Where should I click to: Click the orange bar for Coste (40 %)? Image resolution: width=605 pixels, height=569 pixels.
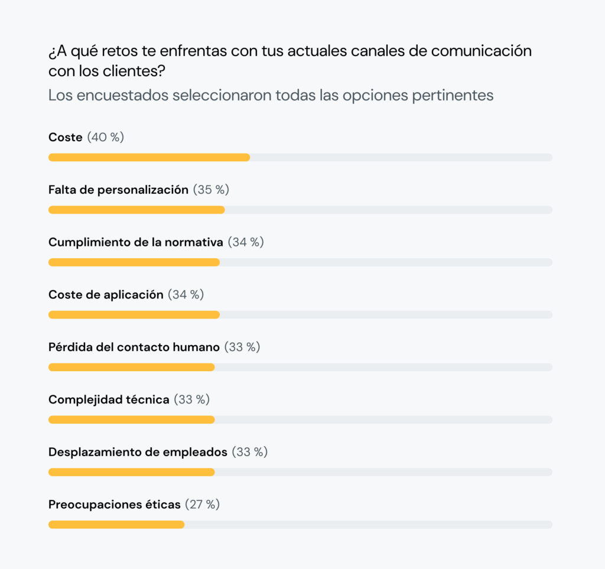tap(149, 158)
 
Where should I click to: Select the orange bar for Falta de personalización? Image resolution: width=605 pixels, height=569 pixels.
tap(136, 210)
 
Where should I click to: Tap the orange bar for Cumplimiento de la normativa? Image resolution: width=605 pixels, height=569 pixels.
tap(134, 262)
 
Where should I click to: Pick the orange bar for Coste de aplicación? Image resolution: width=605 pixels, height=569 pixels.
tap(134, 315)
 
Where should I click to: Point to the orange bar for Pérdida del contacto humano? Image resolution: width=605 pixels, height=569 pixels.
tap(131, 367)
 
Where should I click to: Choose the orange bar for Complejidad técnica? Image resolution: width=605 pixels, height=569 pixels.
tap(131, 420)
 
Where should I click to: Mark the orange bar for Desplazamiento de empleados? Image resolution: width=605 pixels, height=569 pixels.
tap(131, 472)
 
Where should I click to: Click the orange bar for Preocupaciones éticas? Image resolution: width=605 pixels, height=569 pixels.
tap(116, 524)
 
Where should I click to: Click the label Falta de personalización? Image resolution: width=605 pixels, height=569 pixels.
tap(118, 190)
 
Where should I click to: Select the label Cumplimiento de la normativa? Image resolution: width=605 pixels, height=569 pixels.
tap(136, 242)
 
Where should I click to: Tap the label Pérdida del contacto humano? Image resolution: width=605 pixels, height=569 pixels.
tap(134, 347)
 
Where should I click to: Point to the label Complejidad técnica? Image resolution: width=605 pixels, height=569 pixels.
tap(109, 399)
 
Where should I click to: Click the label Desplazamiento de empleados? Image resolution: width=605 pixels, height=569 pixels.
tap(138, 452)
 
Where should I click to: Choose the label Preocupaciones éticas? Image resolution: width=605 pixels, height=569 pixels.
tap(115, 505)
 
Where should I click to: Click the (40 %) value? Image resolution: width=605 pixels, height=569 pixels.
tap(106, 137)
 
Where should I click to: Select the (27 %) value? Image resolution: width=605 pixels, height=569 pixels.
tap(202, 505)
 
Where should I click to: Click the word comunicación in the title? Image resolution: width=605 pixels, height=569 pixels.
tap(482, 51)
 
